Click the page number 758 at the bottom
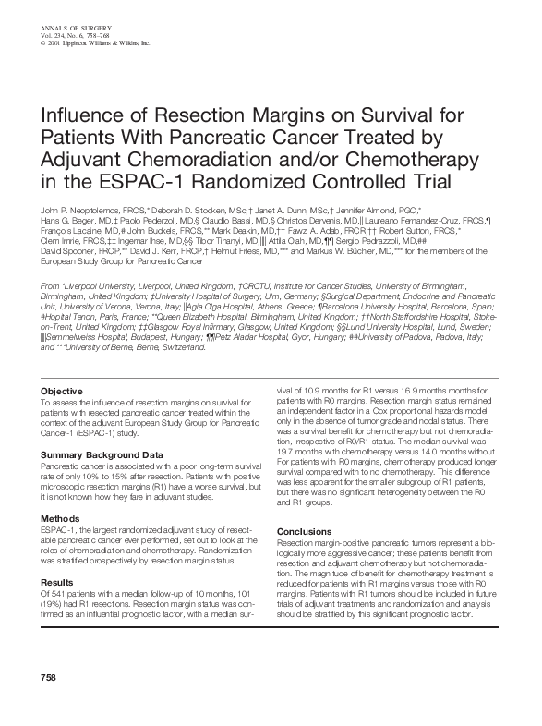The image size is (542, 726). click(x=48, y=705)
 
